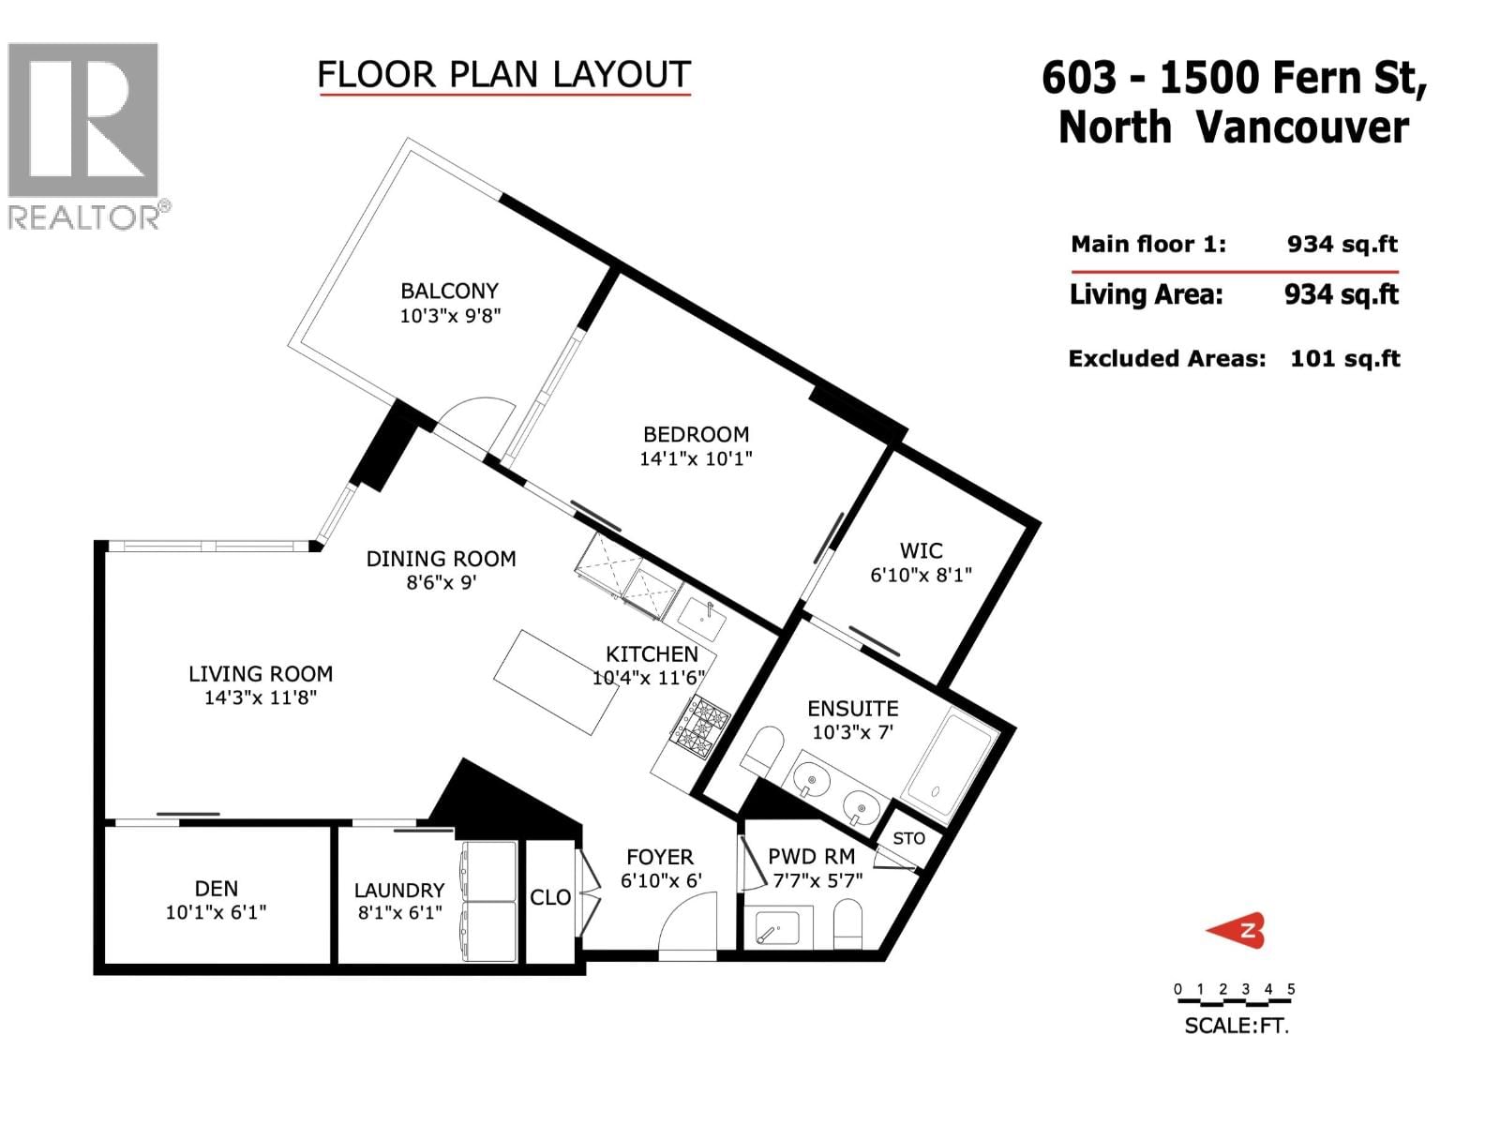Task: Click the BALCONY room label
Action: pos(449,291)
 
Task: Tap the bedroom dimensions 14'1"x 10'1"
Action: pos(696,458)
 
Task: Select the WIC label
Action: pos(922,550)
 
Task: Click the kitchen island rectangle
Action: pos(556,682)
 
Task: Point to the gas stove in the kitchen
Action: pos(699,727)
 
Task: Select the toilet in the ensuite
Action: pos(761,751)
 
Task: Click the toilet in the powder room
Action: pos(848,924)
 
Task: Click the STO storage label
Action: pos(908,838)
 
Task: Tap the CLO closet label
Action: pos(550,897)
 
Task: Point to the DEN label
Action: pos(217,889)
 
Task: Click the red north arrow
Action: pos(1237,931)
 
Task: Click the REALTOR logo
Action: pos(85,136)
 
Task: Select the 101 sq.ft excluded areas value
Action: pos(1345,359)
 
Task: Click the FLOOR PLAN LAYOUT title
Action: pos(504,74)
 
